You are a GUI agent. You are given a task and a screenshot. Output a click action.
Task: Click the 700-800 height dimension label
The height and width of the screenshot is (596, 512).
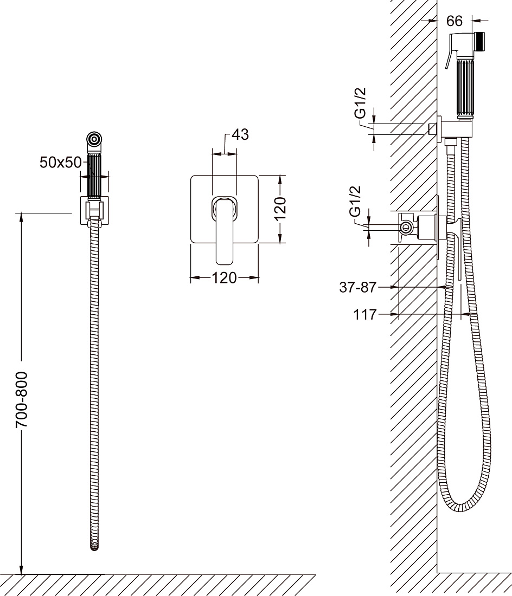(22, 399)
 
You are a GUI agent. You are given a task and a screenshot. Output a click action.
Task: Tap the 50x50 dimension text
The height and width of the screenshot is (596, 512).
(61, 163)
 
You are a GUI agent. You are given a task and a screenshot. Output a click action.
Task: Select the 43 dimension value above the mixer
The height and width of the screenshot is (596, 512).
(240, 134)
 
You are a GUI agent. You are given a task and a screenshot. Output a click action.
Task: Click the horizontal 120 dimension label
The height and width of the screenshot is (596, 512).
(224, 278)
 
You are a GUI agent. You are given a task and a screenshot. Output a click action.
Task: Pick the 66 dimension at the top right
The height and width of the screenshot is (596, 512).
(454, 21)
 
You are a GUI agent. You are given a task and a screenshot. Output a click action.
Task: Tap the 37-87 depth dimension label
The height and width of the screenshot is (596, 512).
(357, 287)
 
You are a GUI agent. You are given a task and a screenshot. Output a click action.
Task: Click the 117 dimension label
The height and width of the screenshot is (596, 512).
(365, 314)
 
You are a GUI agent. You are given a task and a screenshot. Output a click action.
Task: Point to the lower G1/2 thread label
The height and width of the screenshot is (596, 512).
(355, 202)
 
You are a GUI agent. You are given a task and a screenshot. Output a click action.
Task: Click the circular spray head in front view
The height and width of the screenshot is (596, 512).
(94, 139)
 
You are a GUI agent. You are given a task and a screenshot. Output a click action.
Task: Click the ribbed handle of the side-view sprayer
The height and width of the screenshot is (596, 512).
(464, 89)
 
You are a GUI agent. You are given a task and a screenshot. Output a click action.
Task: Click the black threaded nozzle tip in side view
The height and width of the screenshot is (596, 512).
(481, 41)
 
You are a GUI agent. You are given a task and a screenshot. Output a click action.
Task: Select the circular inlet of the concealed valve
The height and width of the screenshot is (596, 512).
(406, 228)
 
